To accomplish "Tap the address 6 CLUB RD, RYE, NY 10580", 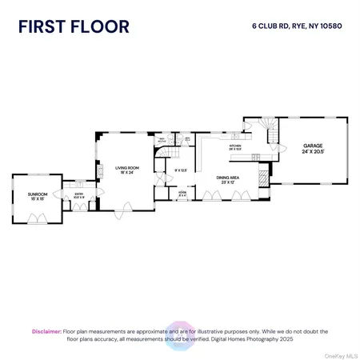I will (x=302, y=25).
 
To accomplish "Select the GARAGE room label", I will (x=311, y=146).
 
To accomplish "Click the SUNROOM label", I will (x=37, y=194).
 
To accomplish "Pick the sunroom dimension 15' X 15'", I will (x=37, y=199).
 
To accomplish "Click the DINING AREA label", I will (x=229, y=178).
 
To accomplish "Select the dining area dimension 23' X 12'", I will (x=229, y=183).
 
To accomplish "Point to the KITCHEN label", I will (x=236, y=145).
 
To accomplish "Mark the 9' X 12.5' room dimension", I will (x=180, y=169).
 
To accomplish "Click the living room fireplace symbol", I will (x=102, y=170).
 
